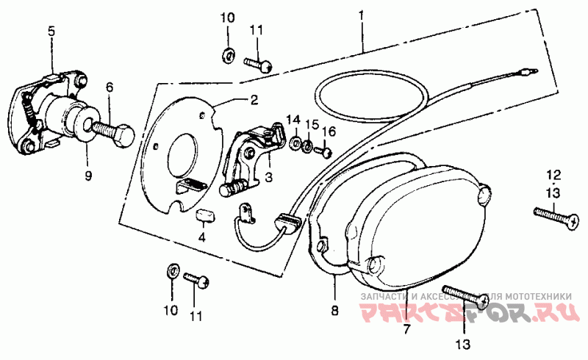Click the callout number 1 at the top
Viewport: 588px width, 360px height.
[x=362, y=14]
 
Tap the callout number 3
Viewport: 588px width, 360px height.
[x=268, y=177]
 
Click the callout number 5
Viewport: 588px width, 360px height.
[x=51, y=31]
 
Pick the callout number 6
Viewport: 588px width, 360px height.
[x=110, y=87]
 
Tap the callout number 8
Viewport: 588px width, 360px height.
[x=334, y=310]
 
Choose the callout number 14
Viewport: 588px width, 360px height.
[x=293, y=119]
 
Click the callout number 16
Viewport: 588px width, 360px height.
[x=328, y=131]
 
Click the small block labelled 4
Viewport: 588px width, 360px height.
[x=204, y=215]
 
